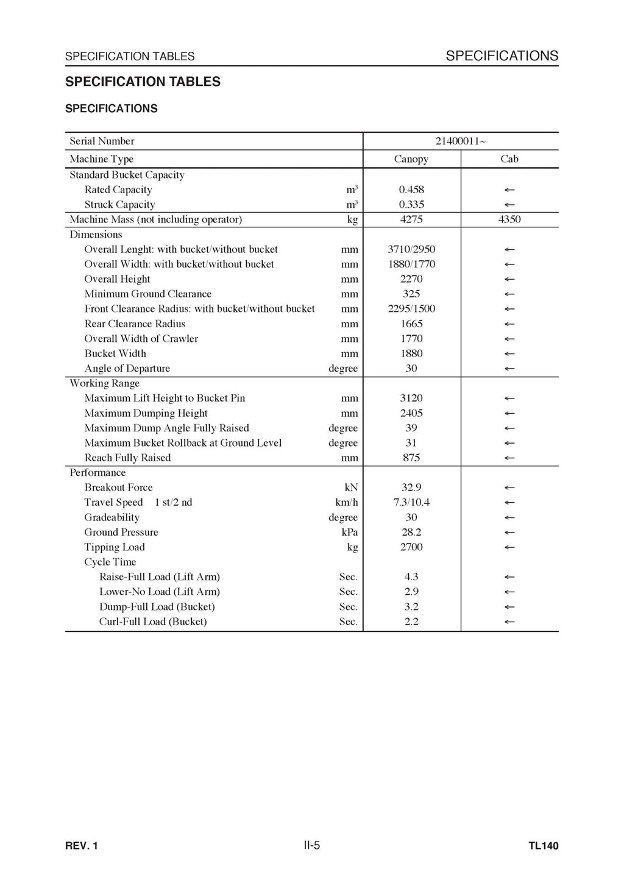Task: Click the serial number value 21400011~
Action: (x=461, y=141)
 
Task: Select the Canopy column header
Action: (x=411, y=159)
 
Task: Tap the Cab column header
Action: (x=509, y=159)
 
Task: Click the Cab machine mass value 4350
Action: (x=509, y=219)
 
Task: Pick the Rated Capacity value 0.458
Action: (x=411, y=190)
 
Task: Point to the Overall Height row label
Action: (x=117, y=279)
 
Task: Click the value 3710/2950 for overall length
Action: (x=411, y=249)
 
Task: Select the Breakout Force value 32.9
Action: (x=411, y=488)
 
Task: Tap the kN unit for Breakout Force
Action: (x=351, y=488)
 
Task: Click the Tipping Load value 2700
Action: (x=411, y=547)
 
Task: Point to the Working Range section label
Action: (x=104, y=383)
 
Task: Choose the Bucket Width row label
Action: (x=115, y=353)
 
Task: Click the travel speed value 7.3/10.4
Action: (x=411, y=503)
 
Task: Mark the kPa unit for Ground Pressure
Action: (x=350, y=533)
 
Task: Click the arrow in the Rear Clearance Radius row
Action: (x=509, y=324)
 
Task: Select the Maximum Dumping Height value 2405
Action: (x=411, y=413)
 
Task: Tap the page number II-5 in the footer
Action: (x=311, y=845)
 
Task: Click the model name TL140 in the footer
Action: (x=544, y=846)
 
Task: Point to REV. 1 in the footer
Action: (x=81, y=846)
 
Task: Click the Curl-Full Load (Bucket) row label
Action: (x=153, y=622)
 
